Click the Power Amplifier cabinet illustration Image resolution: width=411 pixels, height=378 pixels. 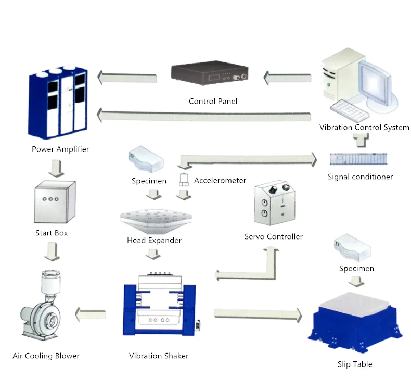pyautogui.click(x=58, y=102)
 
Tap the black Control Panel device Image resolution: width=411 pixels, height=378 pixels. pyautogui.click(x=210, y=73)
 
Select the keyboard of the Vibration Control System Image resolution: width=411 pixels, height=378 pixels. pyautogui.click(x=350, y=110)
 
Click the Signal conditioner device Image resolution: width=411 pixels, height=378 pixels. pyautogui.click(x=358, y=159)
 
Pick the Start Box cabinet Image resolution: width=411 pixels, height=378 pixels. pyautogui.click(x=55, y=201)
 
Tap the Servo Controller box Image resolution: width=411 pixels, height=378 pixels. pyautogui.click(x=275, y=203)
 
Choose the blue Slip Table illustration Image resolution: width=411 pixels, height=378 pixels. pyautogui.click(x=355, y=322)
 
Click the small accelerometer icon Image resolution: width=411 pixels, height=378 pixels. pyautogui.click(x=184, y=180)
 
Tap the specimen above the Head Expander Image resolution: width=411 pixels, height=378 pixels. pyautogui.click(x=146, y=159)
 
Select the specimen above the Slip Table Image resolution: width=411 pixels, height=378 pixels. pyautogui.click(x=353, y=248)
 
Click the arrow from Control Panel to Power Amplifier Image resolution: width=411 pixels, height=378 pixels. pyautogui.click(x=127, y=78)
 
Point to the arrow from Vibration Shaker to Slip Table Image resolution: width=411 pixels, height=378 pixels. pyautogui.click(x=258, y=314)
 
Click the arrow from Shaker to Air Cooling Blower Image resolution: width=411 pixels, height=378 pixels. pyautogui.click(x=91, y=314)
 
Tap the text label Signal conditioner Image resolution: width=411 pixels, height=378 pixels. pyautogui.click(x=360, y=177)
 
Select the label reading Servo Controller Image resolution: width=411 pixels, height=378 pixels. pyautogui.click(x=273, y=236)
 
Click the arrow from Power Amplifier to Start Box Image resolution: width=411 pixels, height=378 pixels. pyautogui.click(x=56, y=168)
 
